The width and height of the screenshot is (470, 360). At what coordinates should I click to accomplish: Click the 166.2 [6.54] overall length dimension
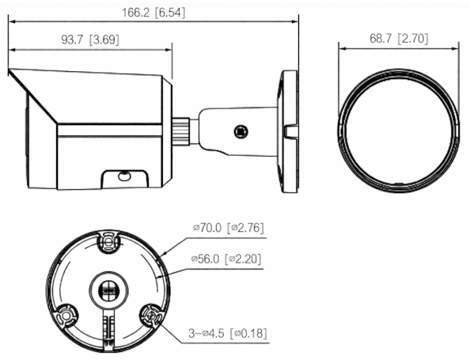(x=154, y=13)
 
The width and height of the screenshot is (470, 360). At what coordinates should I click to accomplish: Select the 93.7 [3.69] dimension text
(x=90, y=40)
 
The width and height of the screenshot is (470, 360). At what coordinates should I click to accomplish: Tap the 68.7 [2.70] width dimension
(x=399, y=38)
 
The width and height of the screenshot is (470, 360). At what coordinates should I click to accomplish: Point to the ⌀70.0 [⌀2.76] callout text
(x=229, y=228)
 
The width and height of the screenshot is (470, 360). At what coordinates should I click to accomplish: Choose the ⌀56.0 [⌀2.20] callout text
(x=226, y=259)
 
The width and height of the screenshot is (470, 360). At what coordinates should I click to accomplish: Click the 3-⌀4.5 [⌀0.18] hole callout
(x=228, y=333)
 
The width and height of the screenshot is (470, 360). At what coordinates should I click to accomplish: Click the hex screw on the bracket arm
(x=241, y=131)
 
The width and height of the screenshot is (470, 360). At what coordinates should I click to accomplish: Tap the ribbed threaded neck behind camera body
(x=180, y=131)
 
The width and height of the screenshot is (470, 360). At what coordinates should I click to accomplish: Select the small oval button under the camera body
(x=123, y=176)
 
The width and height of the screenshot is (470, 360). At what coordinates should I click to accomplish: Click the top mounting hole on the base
(x=108, y=241)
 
